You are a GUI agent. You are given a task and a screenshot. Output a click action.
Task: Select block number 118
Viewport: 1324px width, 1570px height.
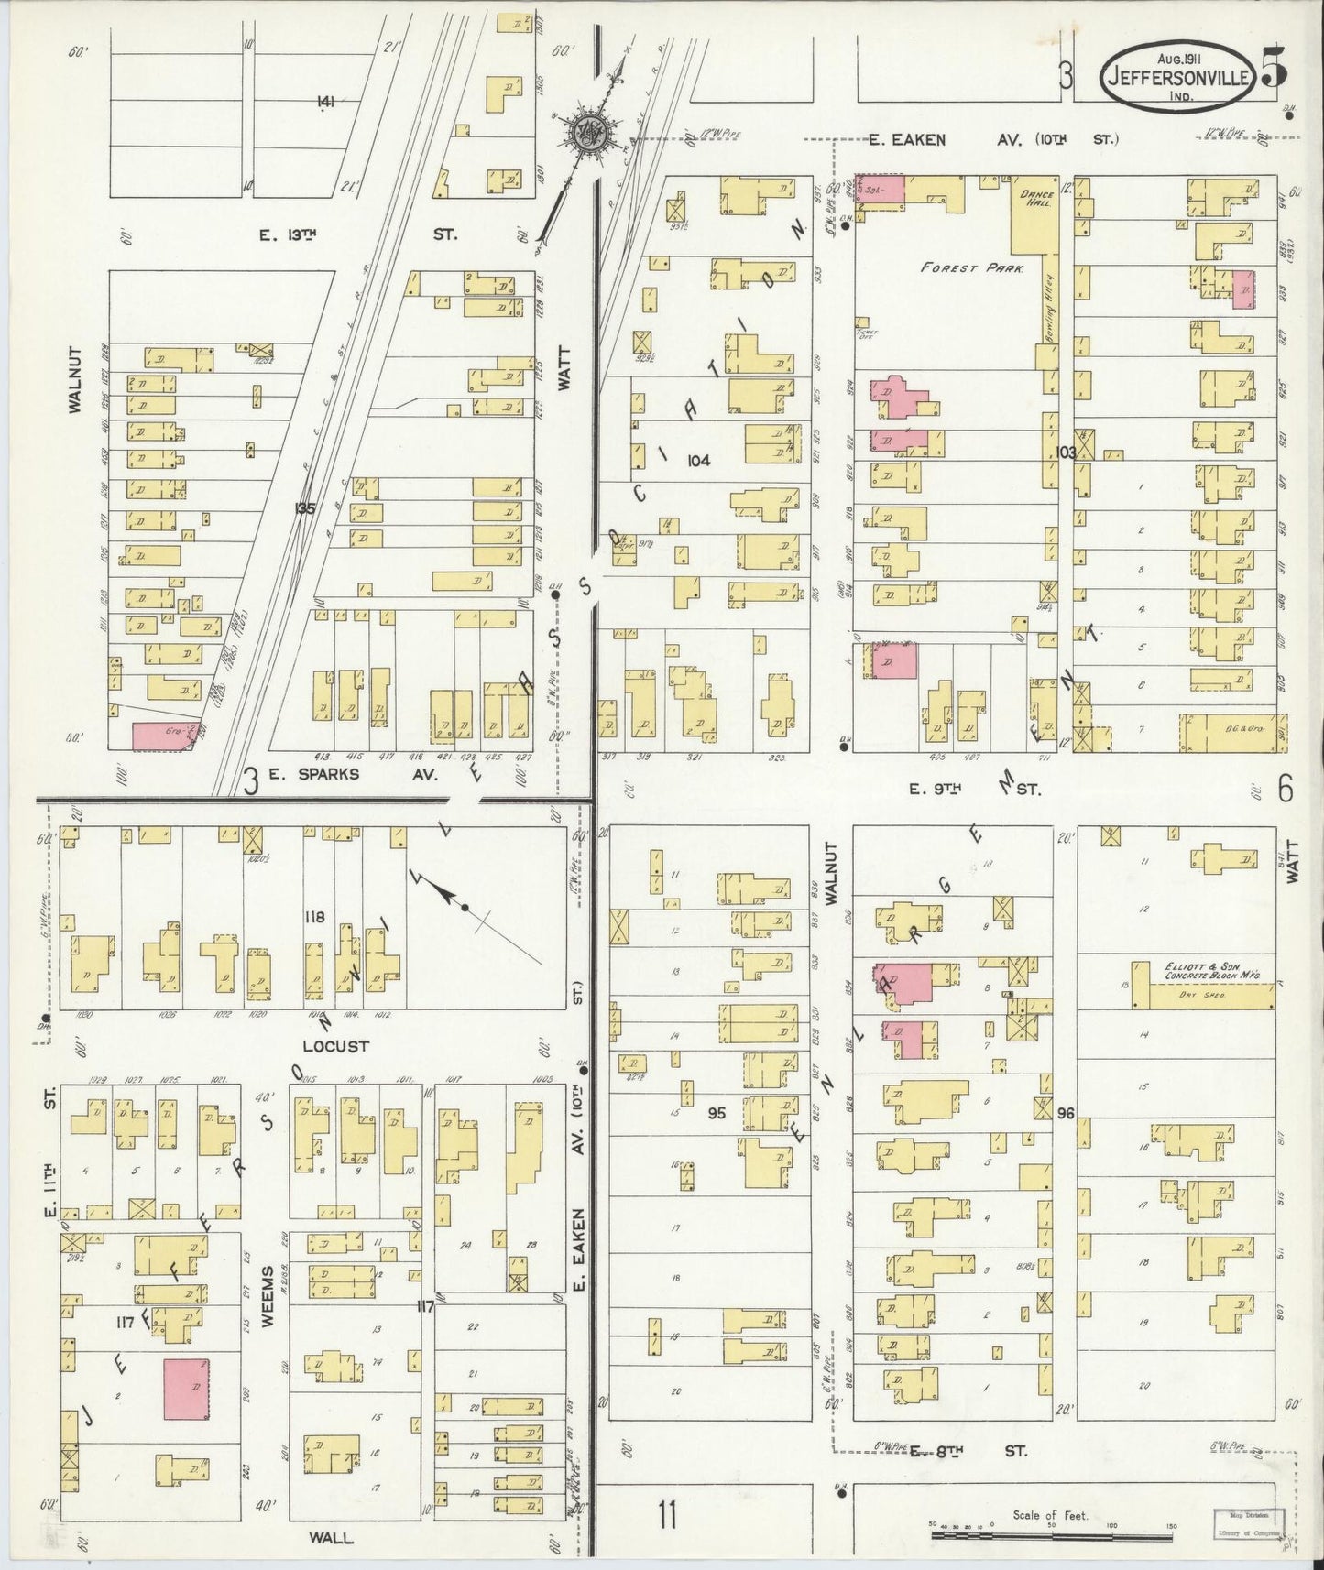(x=316, y=916)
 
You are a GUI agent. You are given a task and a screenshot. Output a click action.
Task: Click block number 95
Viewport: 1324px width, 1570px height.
(x=717, y=1114)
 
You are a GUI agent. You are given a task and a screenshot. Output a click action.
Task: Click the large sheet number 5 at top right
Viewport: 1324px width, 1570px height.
(x=1272, y=73)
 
